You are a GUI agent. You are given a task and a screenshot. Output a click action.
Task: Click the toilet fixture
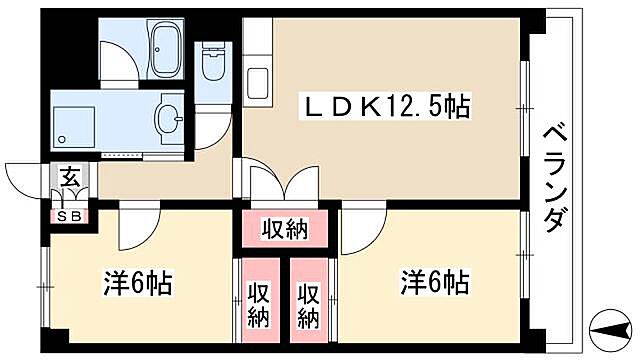[x=212, y=64]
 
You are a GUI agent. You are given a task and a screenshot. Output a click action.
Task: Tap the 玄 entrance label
[x=70, y=180]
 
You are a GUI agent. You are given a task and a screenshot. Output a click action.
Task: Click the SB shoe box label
[x=70, y=215]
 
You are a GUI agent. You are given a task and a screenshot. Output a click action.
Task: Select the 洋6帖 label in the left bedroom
[x=139, y=283]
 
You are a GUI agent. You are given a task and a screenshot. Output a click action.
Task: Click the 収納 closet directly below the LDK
[x=285, y=230]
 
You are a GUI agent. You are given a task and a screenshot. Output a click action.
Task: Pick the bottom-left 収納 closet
[x=257, y=305]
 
